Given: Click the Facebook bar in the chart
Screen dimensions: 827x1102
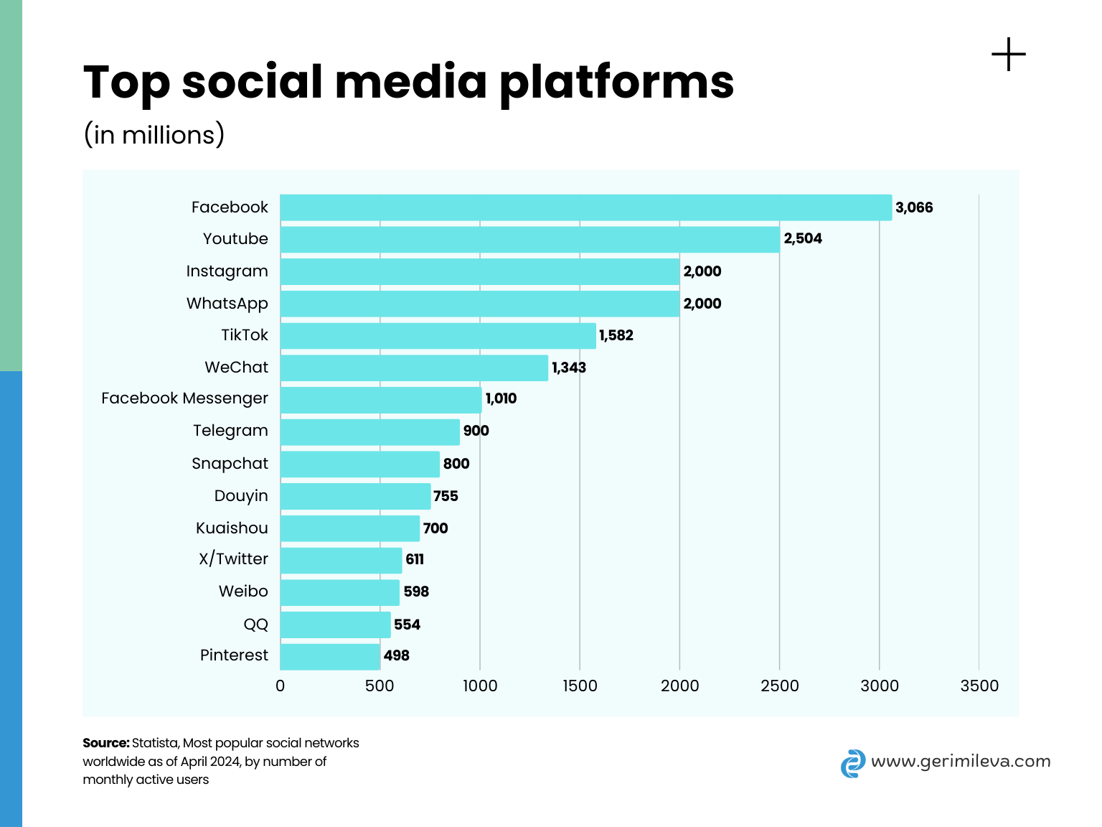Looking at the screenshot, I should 585,207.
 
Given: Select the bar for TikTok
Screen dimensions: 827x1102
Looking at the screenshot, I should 438,335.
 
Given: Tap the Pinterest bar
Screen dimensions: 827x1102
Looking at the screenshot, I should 330,656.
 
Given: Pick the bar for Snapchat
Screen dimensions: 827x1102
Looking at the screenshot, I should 359,464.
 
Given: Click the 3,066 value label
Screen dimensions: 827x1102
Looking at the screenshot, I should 914,207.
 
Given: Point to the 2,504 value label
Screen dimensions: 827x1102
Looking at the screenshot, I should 803,238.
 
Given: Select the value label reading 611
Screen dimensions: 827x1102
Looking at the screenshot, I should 415,559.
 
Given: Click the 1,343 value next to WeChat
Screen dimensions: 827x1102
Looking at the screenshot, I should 569,368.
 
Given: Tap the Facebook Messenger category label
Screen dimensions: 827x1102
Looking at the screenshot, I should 184,398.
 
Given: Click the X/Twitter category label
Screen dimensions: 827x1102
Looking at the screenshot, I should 233,559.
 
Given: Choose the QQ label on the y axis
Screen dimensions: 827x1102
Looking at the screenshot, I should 255,625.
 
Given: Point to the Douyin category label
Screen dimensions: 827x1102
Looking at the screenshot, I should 241,496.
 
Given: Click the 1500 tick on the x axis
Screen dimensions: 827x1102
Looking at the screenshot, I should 580,686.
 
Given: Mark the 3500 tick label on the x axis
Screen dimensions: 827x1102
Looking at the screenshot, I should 979,686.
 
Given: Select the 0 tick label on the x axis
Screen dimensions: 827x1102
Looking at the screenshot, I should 280,686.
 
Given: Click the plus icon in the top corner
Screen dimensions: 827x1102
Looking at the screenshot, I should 1009,55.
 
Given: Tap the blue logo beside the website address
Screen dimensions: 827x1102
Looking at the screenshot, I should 852,763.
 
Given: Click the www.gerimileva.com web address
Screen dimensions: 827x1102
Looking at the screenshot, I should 961,761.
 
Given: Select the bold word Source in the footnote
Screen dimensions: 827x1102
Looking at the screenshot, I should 105,743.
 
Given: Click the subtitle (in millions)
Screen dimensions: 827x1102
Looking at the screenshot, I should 154,135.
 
